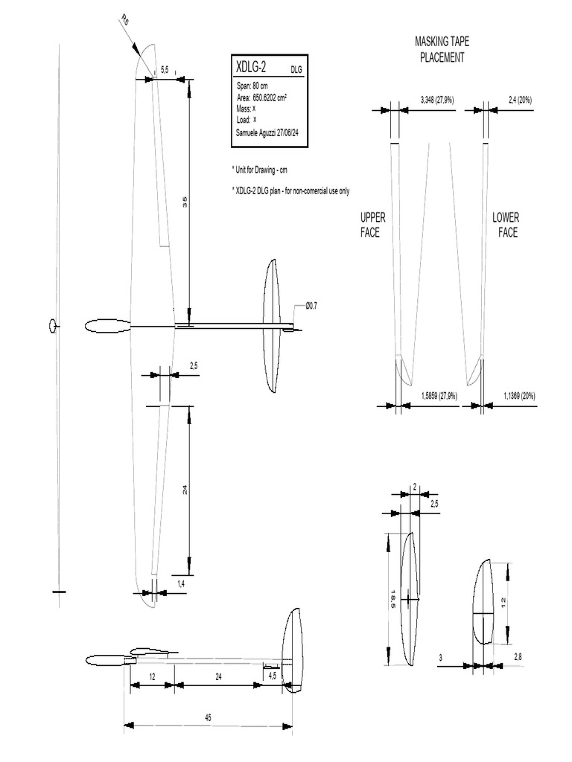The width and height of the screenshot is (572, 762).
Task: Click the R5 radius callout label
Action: pos(124,22)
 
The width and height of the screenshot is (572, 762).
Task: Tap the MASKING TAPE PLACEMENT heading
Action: pos(442,49)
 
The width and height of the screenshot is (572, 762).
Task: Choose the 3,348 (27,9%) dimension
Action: pos(433,99)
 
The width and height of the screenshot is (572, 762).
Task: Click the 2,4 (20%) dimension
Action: pos(519,99)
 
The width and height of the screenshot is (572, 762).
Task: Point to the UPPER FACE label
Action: pos(372,224)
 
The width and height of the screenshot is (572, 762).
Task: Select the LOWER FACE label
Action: pos(506,224)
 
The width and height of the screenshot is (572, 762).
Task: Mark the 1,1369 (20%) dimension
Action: pos(519,395)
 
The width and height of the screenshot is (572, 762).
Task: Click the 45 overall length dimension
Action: pos(208,718)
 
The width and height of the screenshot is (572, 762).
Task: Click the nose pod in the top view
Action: pos(107,326)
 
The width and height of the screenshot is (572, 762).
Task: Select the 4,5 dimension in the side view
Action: pos(272,676)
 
